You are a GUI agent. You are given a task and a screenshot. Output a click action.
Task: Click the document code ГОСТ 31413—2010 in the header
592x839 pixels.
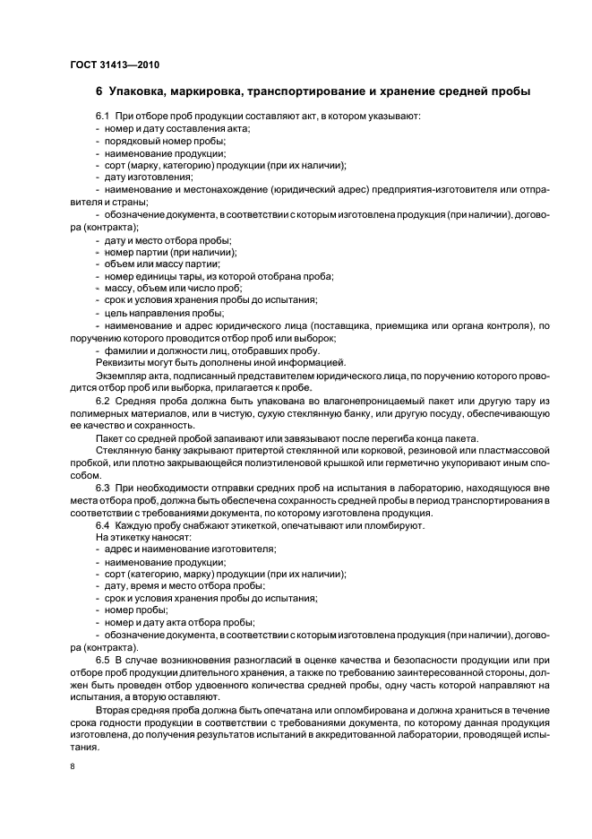point(115,64)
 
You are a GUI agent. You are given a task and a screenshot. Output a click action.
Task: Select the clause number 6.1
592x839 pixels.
point(103,117)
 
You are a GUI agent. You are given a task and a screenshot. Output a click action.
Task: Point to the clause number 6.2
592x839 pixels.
point(103,399)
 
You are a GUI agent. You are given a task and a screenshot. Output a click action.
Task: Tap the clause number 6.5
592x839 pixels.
point(103,659)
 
